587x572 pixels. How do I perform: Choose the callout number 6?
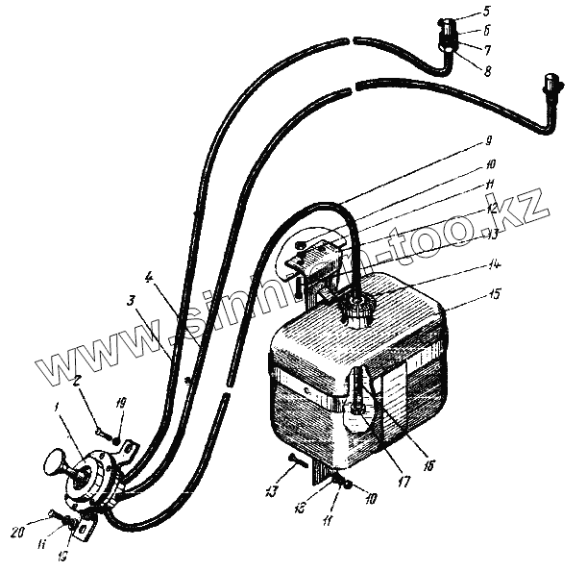tap(488, 29)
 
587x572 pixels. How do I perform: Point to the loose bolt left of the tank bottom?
tap(294, 464)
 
